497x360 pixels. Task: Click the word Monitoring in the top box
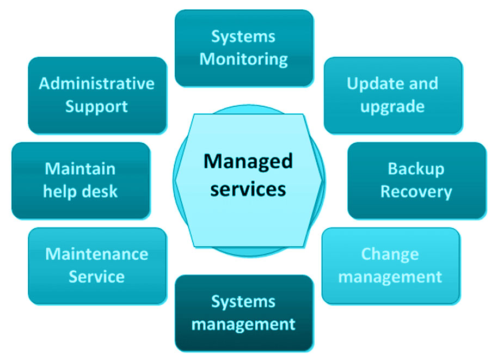[243, 59]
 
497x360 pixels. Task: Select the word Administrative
[96, 83]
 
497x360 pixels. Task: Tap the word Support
[96, 106]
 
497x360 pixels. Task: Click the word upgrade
[392, 107]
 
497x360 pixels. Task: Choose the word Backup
[416, 169]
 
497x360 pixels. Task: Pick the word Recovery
[416, 192]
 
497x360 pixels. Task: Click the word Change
[390, 254]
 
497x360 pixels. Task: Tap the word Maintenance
[96, 254]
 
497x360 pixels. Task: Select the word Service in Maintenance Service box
[96, 277]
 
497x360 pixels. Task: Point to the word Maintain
[80, 169]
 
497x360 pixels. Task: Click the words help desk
[80, 192]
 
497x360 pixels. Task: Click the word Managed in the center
[248, 161]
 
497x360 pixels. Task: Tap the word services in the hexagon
[248, 188]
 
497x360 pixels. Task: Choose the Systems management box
[244, 313]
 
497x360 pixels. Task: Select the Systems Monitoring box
[244, 48]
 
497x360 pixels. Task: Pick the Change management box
[390, 265]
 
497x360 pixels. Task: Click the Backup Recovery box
[416, 180]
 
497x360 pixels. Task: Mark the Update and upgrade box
[392, 95]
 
